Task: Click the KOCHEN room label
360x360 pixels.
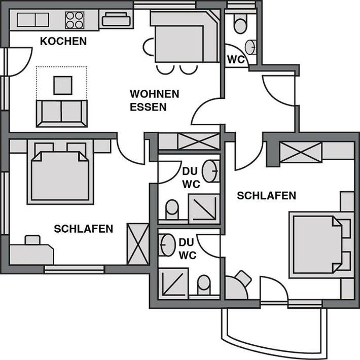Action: coord(63,41)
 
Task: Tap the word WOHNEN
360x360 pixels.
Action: coord(154,94)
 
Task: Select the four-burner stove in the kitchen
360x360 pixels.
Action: coord(74,20)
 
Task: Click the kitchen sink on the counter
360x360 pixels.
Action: coord(32,20)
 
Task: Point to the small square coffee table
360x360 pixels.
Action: coord(62,85)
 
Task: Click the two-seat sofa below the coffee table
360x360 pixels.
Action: coord(61,113)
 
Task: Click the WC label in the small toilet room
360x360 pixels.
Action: coord(236,59)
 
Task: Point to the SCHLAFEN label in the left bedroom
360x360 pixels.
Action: coord(83,229)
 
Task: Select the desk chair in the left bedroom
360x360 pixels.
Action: coord(33,239)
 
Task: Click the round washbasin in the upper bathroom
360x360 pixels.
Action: coord(212,171)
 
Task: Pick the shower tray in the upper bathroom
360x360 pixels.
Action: coord(204,208)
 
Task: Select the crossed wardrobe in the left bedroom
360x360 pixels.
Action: coord(138,244)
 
